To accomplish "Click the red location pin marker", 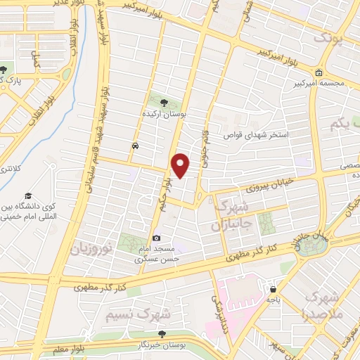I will [x=181, y=165].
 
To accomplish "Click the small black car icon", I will [x=134, y=146].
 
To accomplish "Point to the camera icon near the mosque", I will [x=156, y=238].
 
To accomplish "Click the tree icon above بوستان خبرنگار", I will [x=162, y=334].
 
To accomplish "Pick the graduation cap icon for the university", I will [x=28, y=195].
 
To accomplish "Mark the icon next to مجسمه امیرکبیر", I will [x=319, y=72].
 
